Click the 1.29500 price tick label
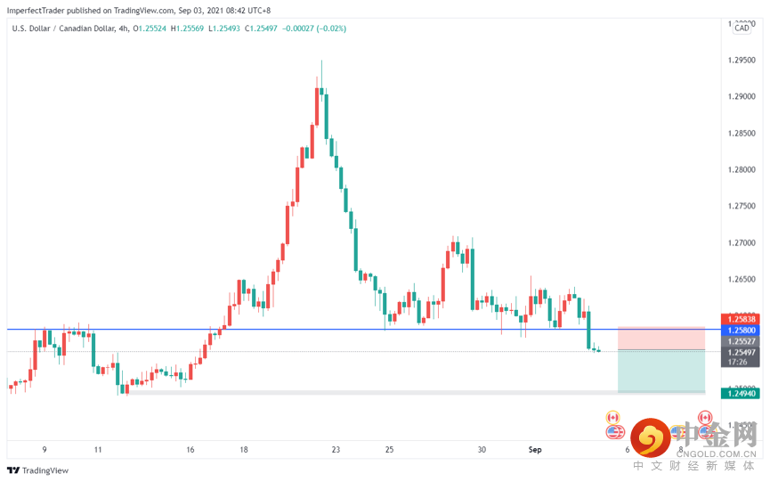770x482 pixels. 742,60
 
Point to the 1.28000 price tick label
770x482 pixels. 742,169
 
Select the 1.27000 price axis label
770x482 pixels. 742,242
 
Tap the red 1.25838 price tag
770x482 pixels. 742,319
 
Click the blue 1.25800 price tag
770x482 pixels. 742,330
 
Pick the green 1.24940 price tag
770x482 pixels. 742,393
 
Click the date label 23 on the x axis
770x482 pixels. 335,450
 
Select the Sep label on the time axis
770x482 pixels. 534,450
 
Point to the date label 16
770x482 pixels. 190,450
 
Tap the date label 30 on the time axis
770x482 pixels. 481,450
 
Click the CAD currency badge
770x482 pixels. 742,29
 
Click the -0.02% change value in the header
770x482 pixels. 331,29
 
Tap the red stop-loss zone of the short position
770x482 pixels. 661,338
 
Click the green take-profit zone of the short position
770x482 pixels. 661,370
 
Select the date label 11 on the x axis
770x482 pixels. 98,450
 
